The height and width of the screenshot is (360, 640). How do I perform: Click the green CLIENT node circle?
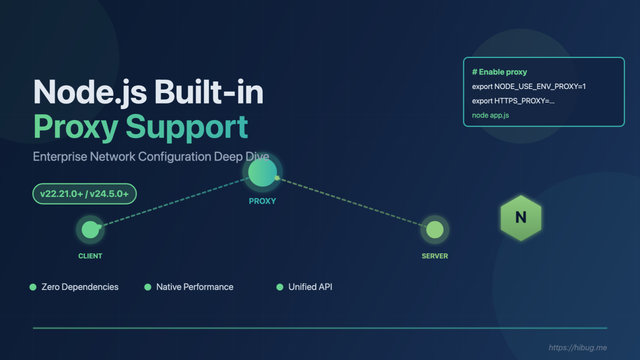[x=90, y=229]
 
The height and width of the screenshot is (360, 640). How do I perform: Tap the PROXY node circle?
[x=262, y=172]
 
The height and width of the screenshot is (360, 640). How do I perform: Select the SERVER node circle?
[x=434, y=229]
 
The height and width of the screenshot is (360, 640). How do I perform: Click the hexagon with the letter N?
[x=521, y=218]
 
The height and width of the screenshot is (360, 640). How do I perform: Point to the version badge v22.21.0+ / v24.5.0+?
[x=85, y=194]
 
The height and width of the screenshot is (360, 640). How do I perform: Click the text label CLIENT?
[x=90, y=256]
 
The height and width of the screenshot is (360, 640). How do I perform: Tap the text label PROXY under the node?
[x=262, y=201]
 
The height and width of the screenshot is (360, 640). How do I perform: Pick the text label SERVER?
[x=435, y=256]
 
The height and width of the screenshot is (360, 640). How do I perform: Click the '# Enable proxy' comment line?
[x=499, y=72]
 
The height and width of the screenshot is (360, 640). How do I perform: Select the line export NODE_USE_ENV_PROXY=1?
[x=529, y=86]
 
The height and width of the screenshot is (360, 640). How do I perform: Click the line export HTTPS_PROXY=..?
[x=513, y=101]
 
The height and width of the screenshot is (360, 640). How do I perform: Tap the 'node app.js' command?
[x=490, y=115]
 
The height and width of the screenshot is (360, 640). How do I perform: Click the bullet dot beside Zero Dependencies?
[x=33, y=287]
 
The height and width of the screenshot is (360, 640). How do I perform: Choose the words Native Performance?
[x=195, y=287]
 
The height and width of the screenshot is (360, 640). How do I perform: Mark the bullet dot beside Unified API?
[x=280, y=287]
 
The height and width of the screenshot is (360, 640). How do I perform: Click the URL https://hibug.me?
[x=578, y=347]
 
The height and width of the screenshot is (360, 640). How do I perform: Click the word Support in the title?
[x=187, y=127]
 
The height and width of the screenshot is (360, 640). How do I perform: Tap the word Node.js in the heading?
[x=90, y=92]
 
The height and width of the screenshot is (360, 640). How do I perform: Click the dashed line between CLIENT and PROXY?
[x=174, y=202]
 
